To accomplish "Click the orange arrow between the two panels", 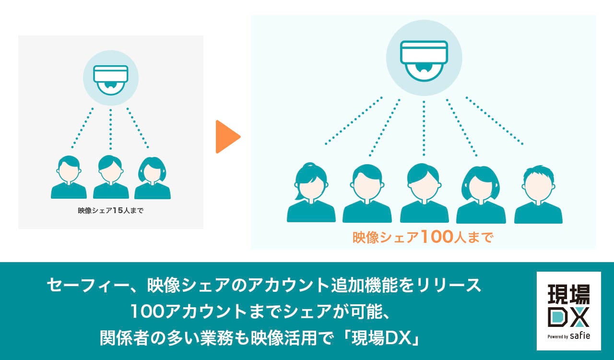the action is point(227,137).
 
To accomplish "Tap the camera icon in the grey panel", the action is point(111,78).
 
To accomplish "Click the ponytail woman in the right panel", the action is point(311,192).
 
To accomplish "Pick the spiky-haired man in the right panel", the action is point(538,194).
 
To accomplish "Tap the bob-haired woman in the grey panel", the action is point(153,177).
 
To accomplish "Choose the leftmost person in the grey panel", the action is point(69,177).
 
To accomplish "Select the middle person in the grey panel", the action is point(111,177).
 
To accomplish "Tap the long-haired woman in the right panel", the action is point(481,194).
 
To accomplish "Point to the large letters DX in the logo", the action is point(568,317).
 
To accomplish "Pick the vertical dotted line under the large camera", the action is point(424,128).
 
